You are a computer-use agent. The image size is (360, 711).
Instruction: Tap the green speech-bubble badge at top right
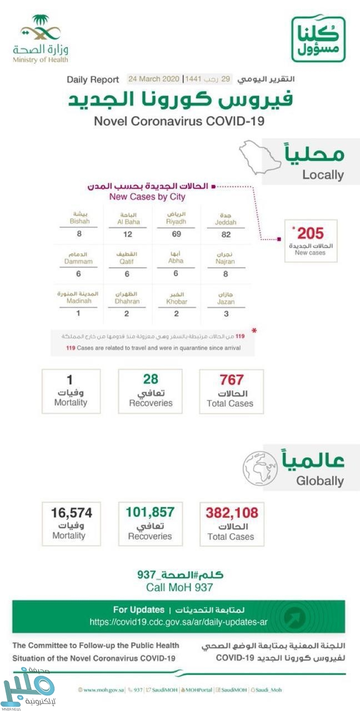coord(318,38)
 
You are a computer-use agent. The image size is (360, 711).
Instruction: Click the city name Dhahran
coord(128,301)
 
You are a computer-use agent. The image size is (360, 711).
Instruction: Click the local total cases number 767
coord(231,380)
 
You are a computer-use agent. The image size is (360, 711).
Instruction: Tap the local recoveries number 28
coord(151,379)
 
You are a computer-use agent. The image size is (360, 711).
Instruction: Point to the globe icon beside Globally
coord(260,468)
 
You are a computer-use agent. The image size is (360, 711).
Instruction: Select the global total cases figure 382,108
coord(232,513)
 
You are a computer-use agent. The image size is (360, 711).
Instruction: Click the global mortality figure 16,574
coord(71,512)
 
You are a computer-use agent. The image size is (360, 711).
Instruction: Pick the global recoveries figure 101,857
coord(150,512)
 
